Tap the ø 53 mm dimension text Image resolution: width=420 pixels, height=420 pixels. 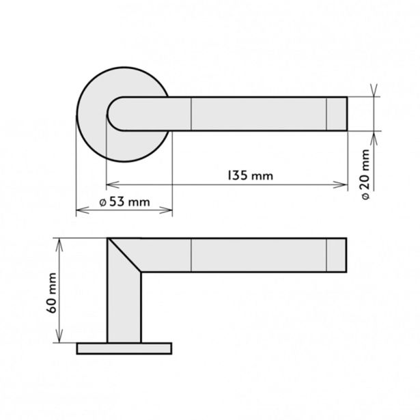[x=123, y=202]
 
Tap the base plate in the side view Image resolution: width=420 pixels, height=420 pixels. [x=124, y=348]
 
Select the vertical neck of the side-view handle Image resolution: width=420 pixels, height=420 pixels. [x=124, y=307]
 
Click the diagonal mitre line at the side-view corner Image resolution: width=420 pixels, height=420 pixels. [x=126, y=255]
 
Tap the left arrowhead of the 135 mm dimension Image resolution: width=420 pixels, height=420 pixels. [x=111, y=184]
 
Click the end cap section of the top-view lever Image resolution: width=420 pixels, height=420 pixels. [x=337, y=113]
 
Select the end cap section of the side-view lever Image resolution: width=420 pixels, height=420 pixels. [x=337, y=255]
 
